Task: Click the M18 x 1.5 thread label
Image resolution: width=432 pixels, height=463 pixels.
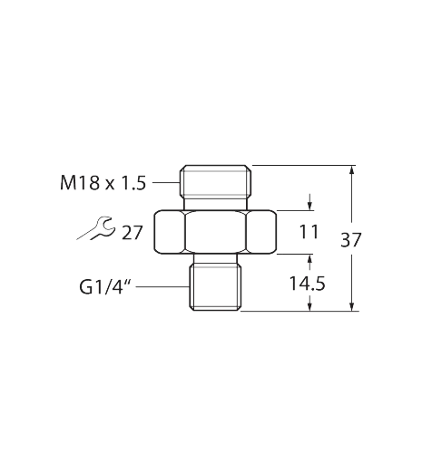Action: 103,183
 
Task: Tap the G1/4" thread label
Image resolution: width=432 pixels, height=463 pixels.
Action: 105,287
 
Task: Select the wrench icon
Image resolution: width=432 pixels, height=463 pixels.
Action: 96,228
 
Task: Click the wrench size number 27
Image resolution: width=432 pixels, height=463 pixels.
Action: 132,233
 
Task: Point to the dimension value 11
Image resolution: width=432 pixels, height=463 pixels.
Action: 309,232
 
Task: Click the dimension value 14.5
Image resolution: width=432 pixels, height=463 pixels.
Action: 308,284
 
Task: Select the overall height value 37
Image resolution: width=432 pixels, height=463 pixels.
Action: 351,240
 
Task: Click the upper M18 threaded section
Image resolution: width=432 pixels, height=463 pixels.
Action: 215,181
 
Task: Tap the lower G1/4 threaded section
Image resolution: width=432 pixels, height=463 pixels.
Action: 215,287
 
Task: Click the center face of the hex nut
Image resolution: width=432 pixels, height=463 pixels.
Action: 215,232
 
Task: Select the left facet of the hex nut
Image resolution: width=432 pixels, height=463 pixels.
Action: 170,232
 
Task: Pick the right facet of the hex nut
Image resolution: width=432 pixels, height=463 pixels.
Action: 261,232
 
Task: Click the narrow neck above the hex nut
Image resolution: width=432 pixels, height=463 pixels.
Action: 215,204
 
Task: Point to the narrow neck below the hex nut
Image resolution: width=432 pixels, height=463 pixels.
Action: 215,258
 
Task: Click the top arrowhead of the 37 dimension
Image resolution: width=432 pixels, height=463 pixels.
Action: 351,169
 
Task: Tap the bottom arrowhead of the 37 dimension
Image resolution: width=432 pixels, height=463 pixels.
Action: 351,306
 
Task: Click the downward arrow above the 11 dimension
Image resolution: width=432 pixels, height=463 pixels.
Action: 309,202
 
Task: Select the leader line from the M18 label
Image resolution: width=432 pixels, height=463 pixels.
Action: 166,182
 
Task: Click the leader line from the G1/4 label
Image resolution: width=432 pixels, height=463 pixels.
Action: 162,287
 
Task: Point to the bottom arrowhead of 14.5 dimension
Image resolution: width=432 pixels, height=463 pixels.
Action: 309,306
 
